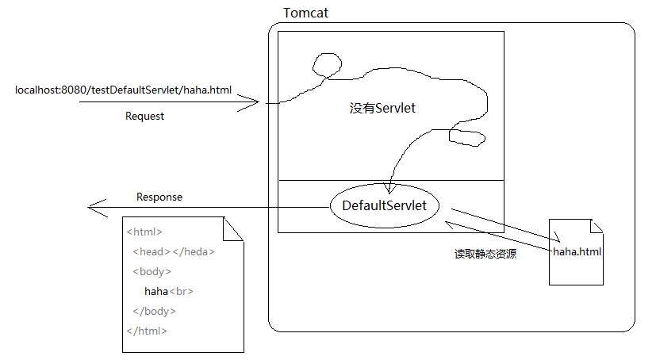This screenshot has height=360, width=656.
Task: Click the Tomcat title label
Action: point(305,13)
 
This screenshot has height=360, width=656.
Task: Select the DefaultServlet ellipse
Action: point(384,206)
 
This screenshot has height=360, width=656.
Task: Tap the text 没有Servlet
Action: point(382,108)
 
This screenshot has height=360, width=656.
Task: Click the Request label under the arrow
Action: point(144,116)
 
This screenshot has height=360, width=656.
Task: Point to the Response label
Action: point(159,197)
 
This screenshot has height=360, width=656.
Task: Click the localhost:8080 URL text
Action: point(123,90)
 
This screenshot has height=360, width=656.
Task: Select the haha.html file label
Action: point(577,252)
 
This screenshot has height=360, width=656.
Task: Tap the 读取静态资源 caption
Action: point(485,255)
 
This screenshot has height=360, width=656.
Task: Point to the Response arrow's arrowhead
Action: point(94,208)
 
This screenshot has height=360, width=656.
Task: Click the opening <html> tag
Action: point(144,232)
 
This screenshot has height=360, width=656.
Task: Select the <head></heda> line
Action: point(174,252)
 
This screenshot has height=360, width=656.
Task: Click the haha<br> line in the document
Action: point(168,292)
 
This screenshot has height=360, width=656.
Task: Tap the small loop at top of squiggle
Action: point(327,63)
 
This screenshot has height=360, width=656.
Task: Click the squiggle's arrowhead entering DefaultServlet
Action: point(389,189)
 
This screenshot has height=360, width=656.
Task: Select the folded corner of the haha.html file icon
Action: point(598,226)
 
